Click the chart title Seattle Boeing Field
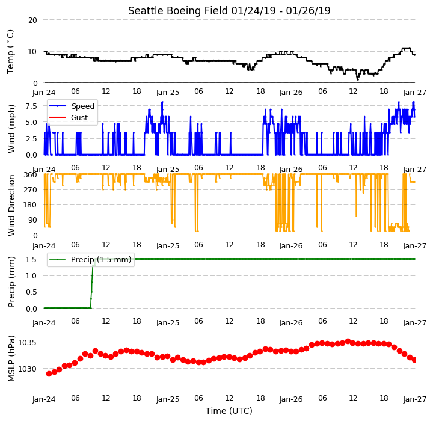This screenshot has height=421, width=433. [178, 11]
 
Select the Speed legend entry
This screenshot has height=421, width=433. [72, 106]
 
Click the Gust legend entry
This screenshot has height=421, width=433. [69, 118]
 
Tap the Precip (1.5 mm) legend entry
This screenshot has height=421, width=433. [90, 259]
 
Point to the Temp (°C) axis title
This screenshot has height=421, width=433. [10, 51]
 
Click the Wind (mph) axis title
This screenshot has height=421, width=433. [11, 129]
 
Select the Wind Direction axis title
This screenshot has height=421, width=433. [11, 205]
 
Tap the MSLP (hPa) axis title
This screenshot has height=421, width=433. [11, 358]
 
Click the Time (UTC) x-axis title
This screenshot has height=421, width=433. [229, 411]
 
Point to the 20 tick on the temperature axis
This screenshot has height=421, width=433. [32, 20]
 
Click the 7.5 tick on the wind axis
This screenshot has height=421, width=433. [31, 106]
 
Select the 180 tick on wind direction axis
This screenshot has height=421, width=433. [31, 205]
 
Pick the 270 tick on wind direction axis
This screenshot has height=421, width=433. [31, 190]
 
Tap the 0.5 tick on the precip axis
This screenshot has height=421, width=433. [31, 292]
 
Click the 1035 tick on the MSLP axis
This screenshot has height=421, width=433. [27, 343]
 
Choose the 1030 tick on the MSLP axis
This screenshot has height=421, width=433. [27, 369]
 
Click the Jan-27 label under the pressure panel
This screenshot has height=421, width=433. [415, 399]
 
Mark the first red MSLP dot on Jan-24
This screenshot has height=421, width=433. [49, 373]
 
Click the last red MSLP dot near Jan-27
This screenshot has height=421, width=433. [414, 360]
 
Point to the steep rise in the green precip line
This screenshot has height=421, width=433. [92, 283]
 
